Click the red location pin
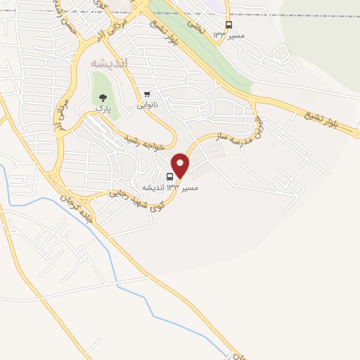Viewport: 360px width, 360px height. point(181,165)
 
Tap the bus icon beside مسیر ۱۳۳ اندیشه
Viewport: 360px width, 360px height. point(170,177)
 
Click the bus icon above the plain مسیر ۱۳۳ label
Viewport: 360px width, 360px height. point(229,24)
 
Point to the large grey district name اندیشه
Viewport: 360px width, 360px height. point(110,63)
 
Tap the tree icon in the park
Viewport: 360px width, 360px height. point(104,98)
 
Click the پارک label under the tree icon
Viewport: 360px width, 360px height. point(103,111)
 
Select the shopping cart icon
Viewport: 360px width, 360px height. point(147,94)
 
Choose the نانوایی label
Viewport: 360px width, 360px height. point(147,105)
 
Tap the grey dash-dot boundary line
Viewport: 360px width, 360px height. point(295,14)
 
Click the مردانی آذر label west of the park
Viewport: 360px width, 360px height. point(62,112)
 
